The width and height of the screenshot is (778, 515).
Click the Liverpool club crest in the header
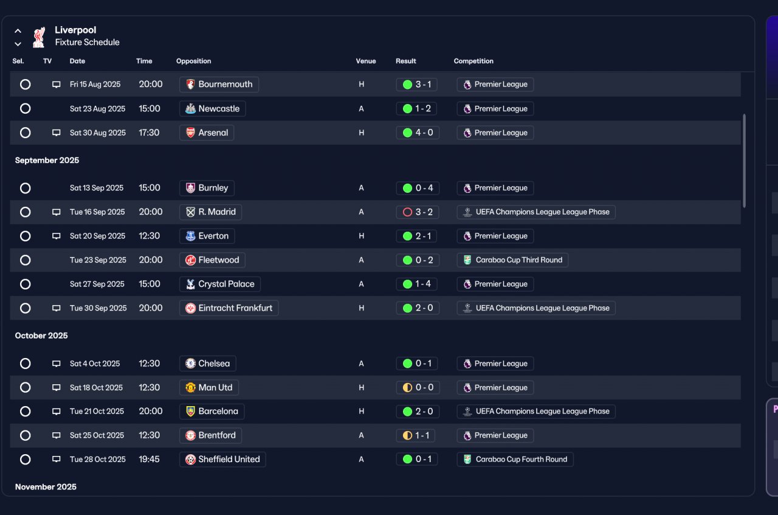tap(39, 37)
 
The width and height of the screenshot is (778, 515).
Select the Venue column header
tap(366, 61)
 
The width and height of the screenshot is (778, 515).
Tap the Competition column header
tap(473, 61)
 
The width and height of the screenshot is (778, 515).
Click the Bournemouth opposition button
tap(219, 85)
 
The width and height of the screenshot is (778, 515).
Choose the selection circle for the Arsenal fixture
tap(25, 133)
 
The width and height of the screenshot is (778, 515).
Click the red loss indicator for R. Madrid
tap(407, 212)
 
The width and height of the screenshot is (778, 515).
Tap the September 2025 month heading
tap(47, 160)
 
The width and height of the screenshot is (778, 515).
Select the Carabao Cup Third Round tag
tap(512, 260)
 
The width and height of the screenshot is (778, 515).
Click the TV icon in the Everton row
tap(57, 236)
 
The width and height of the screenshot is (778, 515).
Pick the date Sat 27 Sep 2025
tap(97, 284)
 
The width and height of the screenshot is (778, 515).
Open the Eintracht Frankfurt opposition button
tap(229, 308)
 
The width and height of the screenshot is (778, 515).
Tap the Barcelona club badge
tap(190, 412)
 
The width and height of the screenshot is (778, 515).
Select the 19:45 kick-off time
tap(149, 460)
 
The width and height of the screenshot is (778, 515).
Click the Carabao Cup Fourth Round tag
tap(515, 460)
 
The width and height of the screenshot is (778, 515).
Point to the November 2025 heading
tap(46, 487)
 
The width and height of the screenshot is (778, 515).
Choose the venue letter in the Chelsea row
tap(361, 364)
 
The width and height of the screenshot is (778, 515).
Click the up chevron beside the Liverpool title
tap(18, 31)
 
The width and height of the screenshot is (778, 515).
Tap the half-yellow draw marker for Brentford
tap(407, 435)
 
